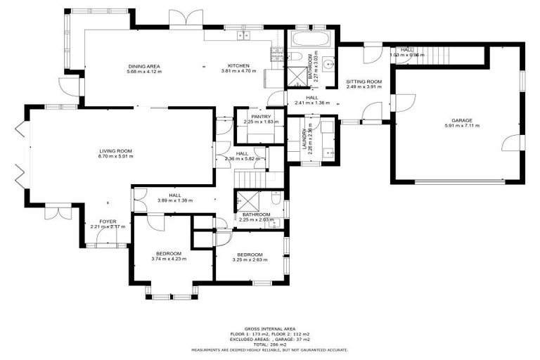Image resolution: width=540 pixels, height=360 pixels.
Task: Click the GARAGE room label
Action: (461, 120)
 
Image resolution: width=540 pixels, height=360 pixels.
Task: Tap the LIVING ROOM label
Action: (115, 151)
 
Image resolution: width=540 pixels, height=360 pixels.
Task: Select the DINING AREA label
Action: (144, 66)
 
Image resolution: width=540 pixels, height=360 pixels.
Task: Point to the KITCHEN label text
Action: (239, 66)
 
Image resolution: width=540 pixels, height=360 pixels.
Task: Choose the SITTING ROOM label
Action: (364, 82)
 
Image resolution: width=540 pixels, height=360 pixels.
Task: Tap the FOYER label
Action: (108, 221)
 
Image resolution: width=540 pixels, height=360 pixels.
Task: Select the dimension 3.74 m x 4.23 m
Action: (169, 259)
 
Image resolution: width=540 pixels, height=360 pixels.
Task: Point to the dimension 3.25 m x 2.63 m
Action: (250, 259)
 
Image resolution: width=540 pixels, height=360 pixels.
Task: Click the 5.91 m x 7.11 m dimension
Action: (461, 126)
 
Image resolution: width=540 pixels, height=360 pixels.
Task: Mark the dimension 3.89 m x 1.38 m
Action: (175, 201)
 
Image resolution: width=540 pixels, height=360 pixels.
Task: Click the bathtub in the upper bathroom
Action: (312, 39)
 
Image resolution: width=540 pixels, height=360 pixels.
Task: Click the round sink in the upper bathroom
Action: (326, 60)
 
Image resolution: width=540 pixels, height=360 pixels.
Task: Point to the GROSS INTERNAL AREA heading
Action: (269, 328)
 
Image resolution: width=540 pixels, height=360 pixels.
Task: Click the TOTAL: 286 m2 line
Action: (269, 345)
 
